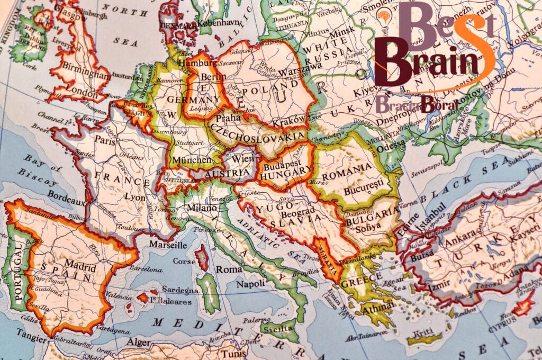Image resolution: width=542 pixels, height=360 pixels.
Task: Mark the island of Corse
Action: pyautogui.click(x=202, y=257)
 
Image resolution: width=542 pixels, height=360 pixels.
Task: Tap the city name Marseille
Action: pyautogui.click(x=168, y=245)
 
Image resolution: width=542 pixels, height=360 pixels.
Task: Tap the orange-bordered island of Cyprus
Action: pyautogui.click(x=523, y=304)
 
